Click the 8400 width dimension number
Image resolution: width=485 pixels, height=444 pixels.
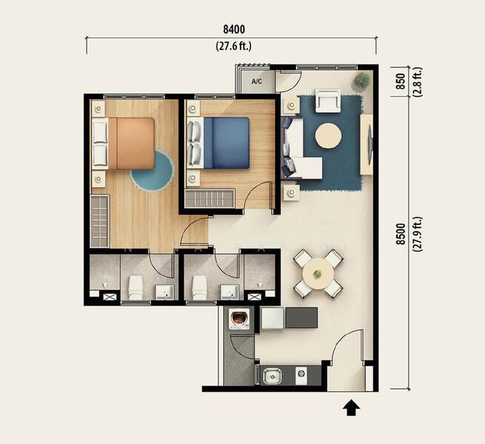[234, 30]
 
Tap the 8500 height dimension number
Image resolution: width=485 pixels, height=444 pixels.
[401, 234]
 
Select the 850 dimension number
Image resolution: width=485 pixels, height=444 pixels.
[401, 81]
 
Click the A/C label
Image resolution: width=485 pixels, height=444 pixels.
[257, 81]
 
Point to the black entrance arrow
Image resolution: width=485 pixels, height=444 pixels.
[351, 408]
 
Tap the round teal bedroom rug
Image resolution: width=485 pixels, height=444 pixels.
[153, 172]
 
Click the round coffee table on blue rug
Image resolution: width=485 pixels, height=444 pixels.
[329, 136]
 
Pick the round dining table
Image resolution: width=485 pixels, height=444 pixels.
[318, 274]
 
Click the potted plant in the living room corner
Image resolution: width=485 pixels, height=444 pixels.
[361, 80]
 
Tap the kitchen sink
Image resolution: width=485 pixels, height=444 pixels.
[272, 376]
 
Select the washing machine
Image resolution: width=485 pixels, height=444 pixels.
[238, 320]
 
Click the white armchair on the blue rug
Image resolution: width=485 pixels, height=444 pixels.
[328, 101]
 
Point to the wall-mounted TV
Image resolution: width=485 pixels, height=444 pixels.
[369, 144]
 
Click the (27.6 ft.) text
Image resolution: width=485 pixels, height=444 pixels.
[234, 46]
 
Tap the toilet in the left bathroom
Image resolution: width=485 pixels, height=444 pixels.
[136, 288]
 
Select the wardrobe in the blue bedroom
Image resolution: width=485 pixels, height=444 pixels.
[210, 198]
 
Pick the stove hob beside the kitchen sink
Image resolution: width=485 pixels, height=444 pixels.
[301, 374]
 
